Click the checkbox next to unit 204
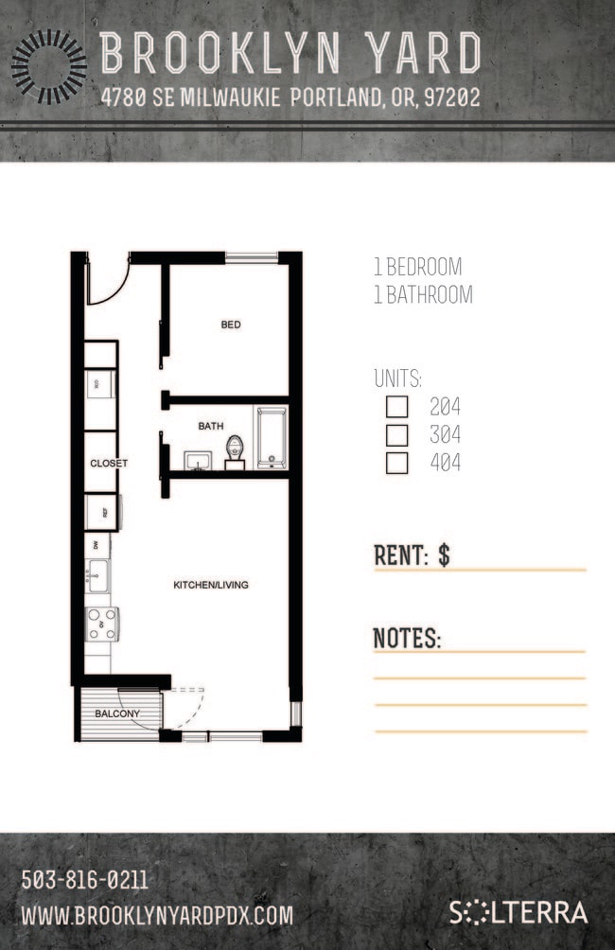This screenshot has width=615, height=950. click(397, 408)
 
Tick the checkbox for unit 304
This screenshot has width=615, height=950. click(397, 435)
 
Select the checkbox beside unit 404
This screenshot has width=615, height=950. click(397, 464)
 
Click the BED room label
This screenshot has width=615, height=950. click(231, 325)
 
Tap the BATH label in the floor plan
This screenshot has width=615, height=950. click(210, 426)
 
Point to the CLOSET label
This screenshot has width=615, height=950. click(109, 464)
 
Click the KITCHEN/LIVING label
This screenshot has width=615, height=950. click(210, 585)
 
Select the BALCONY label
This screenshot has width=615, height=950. click(117, 713)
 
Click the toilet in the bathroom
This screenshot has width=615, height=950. click(236, 452)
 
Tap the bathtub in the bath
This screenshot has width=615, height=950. click(272, 438)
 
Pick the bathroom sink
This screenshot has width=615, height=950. click(199, 461)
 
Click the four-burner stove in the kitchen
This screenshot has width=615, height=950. click(102, 624)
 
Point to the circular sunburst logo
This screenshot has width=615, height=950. click(48, 65)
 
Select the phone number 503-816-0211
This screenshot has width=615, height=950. click(84, 881)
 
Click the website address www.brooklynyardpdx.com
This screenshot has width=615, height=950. click(157, 915)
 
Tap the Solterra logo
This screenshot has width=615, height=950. click(518, 913)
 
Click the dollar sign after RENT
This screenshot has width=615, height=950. click(444, 555)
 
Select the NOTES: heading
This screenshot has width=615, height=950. click(407, 638)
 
